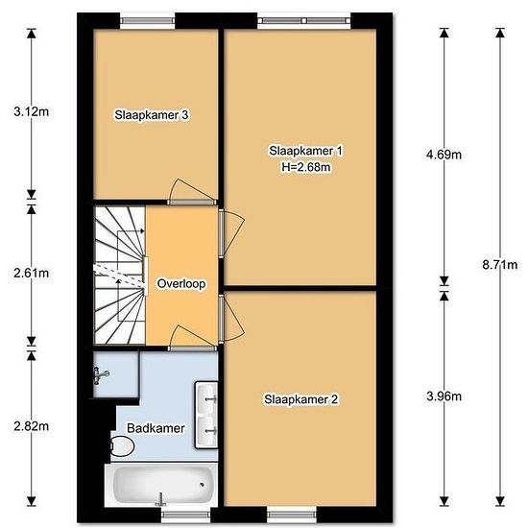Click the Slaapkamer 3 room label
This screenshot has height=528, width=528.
(152, 115)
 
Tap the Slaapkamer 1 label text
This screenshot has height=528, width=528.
(305, 151)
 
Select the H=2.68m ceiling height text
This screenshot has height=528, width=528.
(305, 167)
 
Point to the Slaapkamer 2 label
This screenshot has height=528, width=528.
(301, 399)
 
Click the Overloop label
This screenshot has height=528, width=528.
(181, 283)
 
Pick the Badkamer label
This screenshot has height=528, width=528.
(156, 428)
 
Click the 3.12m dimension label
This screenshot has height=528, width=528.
(32, 111)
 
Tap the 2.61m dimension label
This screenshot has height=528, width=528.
(32, 273)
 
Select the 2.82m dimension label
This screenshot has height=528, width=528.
(32, 426)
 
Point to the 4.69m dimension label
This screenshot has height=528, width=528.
(444, 155)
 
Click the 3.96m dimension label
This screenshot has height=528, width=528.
(444, 396)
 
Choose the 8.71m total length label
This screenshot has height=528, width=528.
(500, 265)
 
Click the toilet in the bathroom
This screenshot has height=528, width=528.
(122, 445)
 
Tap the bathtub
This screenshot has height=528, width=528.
(162, 485)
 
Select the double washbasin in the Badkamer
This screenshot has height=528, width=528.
(206, 415)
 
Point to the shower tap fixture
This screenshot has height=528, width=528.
(101, 375)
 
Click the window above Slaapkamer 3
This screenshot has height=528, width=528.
(148, 21)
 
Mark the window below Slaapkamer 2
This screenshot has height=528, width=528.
(292, 515)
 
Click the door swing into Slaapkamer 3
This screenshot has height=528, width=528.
(192, 191)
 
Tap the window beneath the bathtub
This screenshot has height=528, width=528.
(186, 515)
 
